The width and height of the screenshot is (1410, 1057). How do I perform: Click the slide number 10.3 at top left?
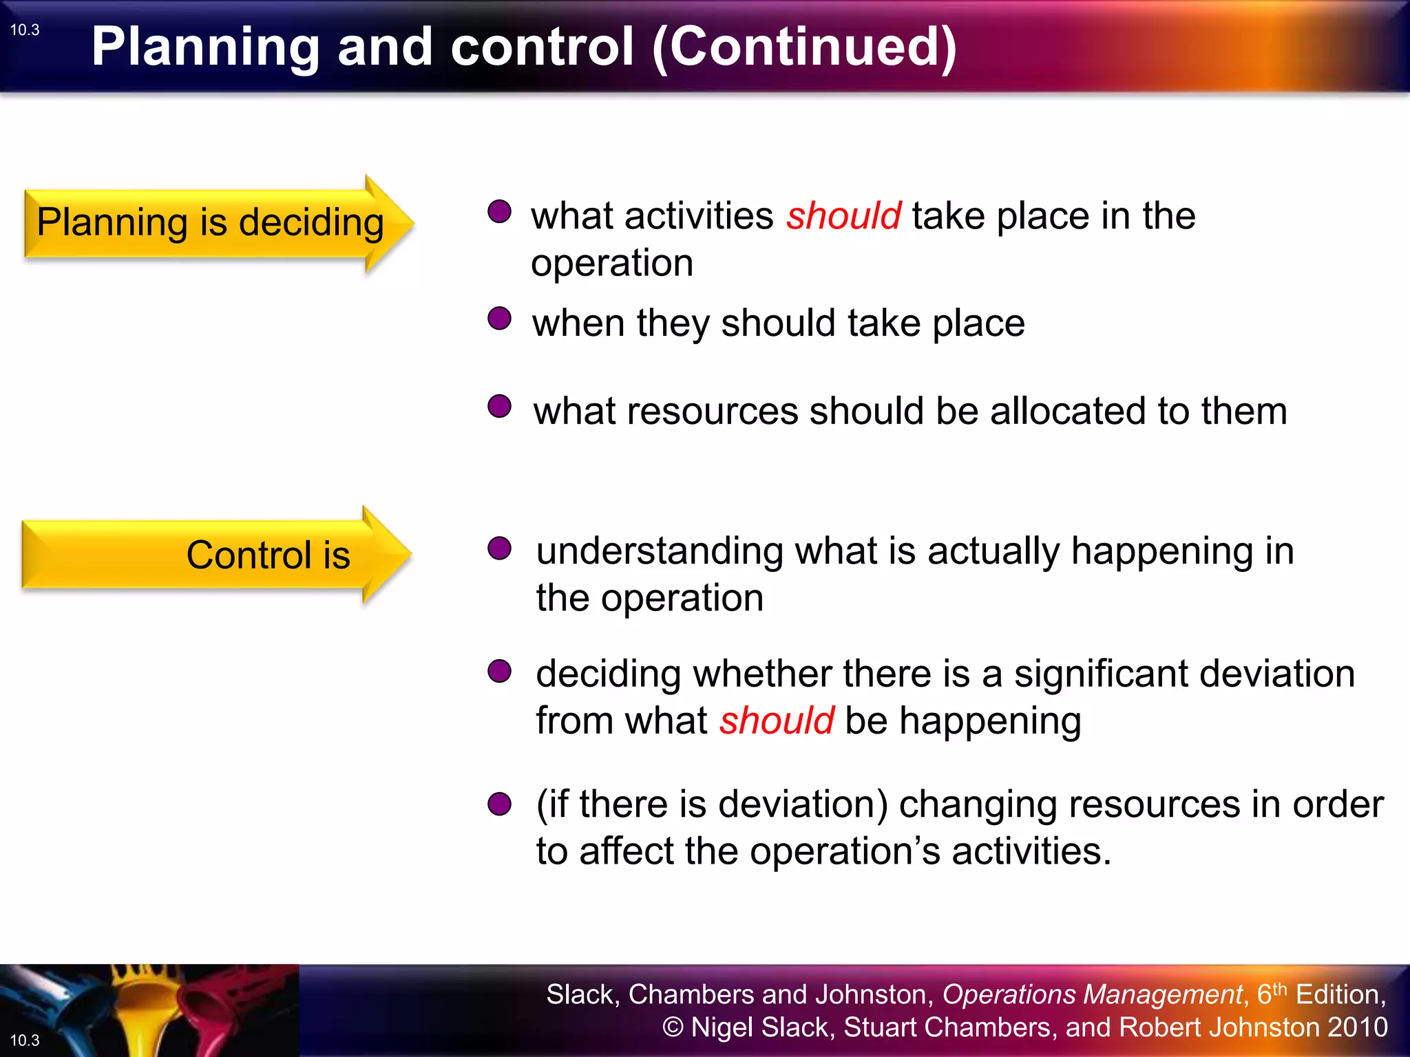pyautogui.click(x=25, y=30)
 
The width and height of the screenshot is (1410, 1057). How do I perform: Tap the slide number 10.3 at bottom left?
pyautogui.click(x=25, y=1040)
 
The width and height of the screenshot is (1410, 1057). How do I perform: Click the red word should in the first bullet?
pyautogui.click(x=843, y=216)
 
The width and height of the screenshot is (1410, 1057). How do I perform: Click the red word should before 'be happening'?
pyautogui.click(x=777, y=720)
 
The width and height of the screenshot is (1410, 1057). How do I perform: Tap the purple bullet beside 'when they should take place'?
pyautogui.click(x=499, y=319)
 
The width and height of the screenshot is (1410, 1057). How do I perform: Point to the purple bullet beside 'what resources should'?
pyautogui.click(x=499, y=406)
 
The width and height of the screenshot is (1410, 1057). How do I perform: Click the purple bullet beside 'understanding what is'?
pyautogui.click(x=499, y=548)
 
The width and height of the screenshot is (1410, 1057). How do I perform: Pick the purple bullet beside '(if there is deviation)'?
pyautogui.click(x=499, y=803)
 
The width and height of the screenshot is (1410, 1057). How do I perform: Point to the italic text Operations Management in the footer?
pyautogui.click(x=1092, y=994)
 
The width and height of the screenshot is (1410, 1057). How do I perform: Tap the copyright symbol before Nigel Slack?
pyautogui.click(x=673, y=1027)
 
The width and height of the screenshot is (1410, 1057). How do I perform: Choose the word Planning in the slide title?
pyautogui.click(x=205, y=47)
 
